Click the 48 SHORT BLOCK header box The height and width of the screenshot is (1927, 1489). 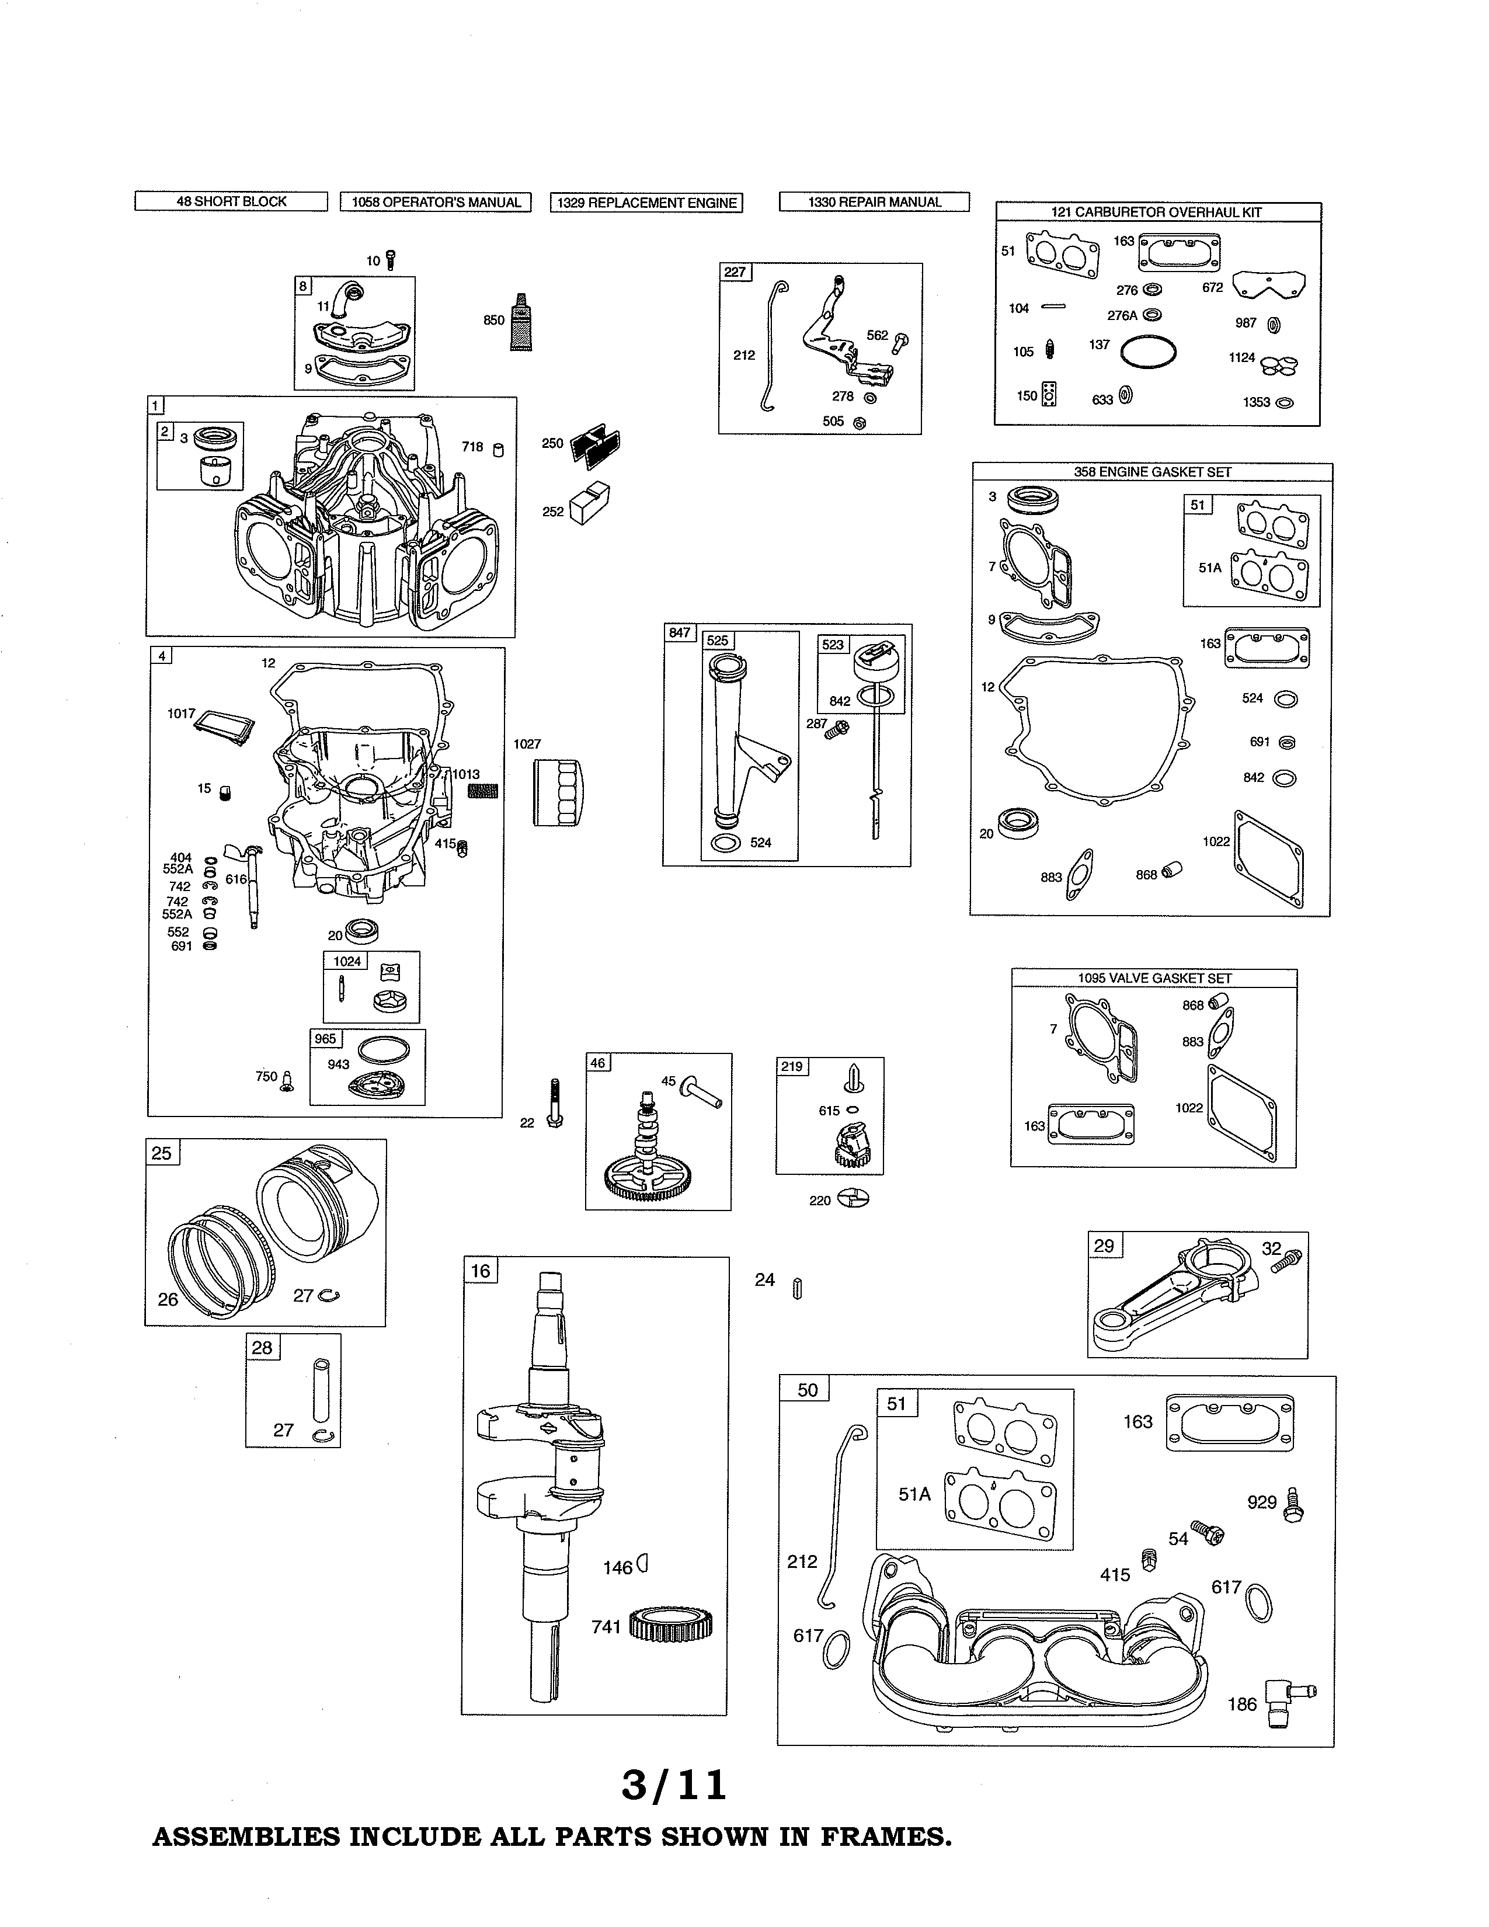click(x=231, y=201)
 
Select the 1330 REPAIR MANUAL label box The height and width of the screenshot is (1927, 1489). click(x=874, y=202)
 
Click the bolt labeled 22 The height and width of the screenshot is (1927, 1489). click(x=555, y=1103)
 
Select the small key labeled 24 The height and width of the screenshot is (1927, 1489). click(x=798, y=1289)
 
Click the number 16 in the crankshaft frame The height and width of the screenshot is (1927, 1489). click(x=481, y=1271)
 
